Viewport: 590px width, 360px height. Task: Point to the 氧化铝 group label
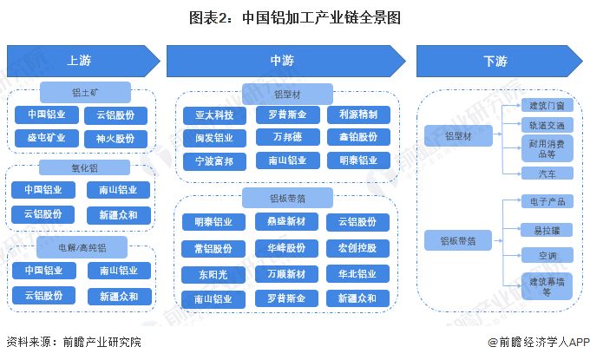(x=84, y=167)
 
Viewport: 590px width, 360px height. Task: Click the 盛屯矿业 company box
(x=45, y=138)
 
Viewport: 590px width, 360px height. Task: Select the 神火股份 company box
(x=115, y=138)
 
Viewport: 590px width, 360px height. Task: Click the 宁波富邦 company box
(x=213, y=160)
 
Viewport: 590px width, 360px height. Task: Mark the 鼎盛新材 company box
(x=286, y=222)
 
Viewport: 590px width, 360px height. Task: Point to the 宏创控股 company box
(x=358, y=248)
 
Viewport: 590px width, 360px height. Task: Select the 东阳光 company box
(x=213, y=274)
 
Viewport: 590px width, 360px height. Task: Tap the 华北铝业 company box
(x=358, y=274)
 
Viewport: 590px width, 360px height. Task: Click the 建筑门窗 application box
(x=547, y=106)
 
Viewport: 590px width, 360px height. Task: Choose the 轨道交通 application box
(x=547, y=126)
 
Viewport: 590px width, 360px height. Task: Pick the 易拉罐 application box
(x=547, y=230)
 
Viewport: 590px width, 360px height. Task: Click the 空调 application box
(x=547, y=256)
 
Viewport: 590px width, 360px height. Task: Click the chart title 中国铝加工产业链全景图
(x=295, y=16)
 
